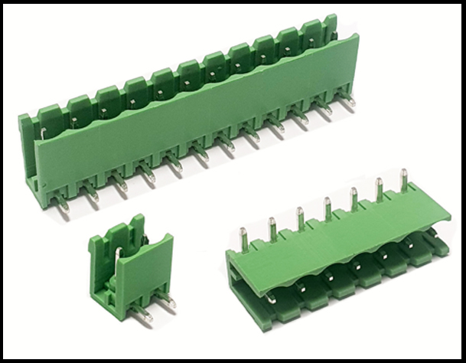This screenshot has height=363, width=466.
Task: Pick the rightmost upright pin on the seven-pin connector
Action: [404, 181]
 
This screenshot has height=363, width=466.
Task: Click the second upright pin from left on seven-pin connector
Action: [272, 228]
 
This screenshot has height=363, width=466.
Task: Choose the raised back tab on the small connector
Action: [138, 230]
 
